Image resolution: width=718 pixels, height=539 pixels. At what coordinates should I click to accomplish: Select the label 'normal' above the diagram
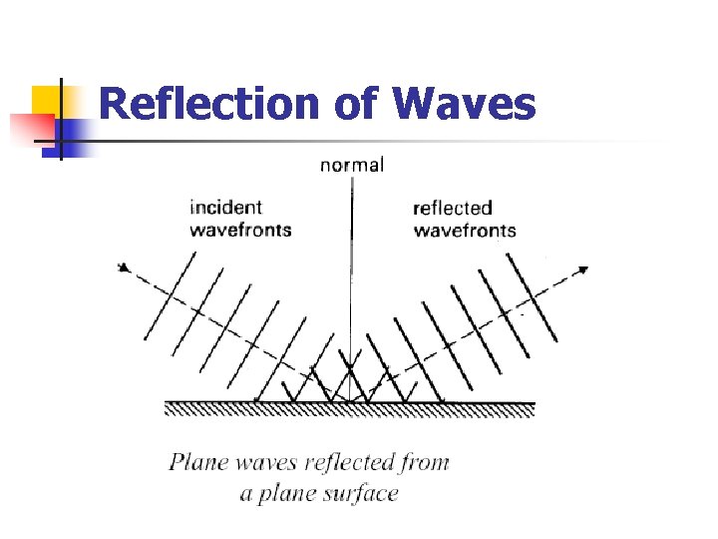pos(351,165)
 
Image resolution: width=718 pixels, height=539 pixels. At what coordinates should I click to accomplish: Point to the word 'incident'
pos(225,208)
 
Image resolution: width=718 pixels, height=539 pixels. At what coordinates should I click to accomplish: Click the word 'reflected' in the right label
pos(452,208)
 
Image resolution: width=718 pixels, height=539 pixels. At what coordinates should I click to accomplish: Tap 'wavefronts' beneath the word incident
pos(240,230)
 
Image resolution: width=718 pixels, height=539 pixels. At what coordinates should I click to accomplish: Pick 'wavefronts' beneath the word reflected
pos(464,231)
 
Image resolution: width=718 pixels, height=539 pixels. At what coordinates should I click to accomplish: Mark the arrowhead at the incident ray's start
pos(123,267)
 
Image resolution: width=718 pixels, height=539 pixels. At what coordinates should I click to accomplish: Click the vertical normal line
pos(351,279)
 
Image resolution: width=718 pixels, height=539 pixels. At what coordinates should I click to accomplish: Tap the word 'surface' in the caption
pos(363,493)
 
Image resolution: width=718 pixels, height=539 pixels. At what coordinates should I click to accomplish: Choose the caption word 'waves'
pos(259,463)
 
